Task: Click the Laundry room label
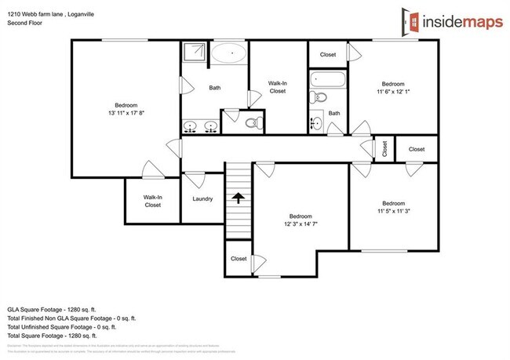[x=202, y=198]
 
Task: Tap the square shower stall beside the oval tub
[x=194, y=53]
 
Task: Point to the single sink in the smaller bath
[x=316, y=124]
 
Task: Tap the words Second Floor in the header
[x=26, y=24]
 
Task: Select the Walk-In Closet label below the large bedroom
[x=152, y=202]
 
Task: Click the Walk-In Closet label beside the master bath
[x=277, y=86]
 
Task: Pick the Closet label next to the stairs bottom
[x=239, y=259]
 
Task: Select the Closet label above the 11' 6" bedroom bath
[x=328, y=55]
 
